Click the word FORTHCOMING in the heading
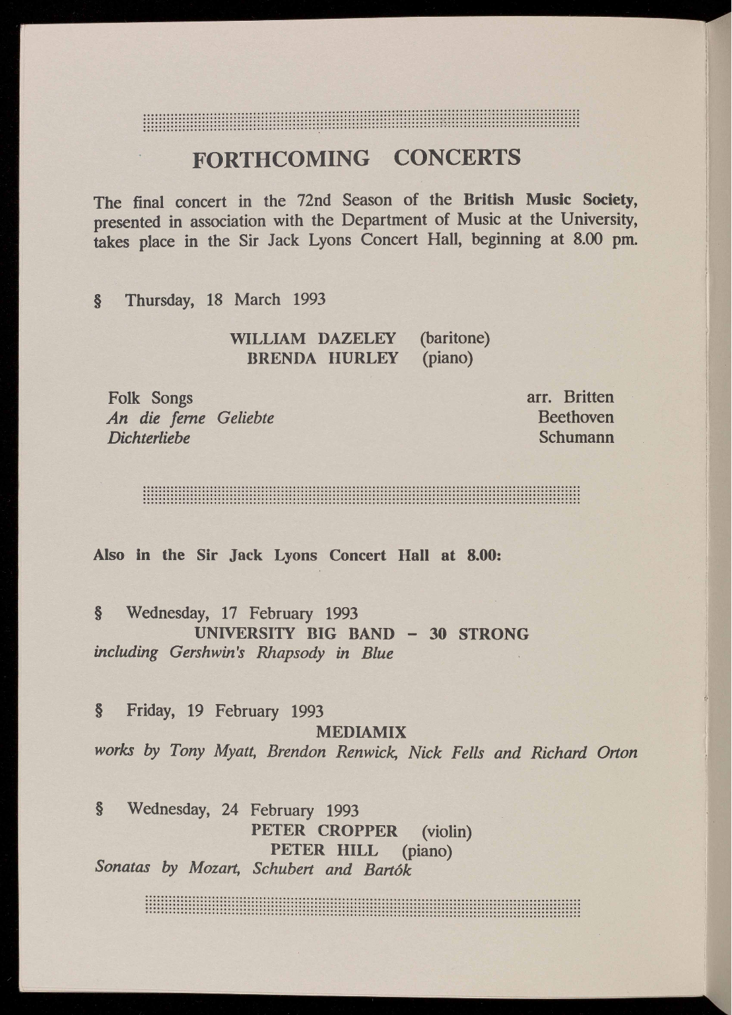point(281,159)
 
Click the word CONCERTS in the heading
point(457,157)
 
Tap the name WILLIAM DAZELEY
point(312,338)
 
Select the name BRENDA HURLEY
point(323,358)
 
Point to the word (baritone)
point(455,337)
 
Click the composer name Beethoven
point(576,417)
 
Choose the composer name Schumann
point(576,438)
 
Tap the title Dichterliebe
point(148,438)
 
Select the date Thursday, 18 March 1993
point(226,300)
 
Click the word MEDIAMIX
point(362,732)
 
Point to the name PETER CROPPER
point(324,831)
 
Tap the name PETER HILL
point(324,850)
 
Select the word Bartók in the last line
point(387,870)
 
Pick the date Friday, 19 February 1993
point(225,711)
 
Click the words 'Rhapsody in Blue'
point(325,654)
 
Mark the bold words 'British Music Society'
point(550,200)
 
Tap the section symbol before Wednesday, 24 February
point(99,808)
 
